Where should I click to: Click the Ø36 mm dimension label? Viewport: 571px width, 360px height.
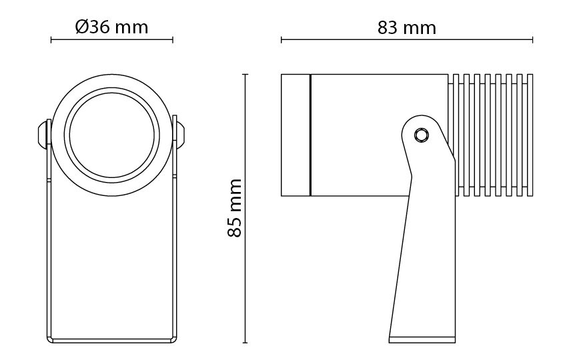(112, 27)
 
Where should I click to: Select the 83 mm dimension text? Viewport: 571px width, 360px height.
(407, 27)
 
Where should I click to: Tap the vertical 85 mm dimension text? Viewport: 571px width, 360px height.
(235, 208)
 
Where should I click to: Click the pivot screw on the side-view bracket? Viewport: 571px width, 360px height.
(422, 135)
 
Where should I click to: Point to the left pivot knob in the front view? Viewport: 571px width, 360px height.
(44, 134)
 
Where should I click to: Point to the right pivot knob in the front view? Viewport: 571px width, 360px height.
(180, 134)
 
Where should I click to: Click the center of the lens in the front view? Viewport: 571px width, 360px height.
(112, 135)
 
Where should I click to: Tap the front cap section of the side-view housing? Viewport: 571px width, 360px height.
(296, 135)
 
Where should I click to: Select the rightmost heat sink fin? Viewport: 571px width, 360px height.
(530, 135)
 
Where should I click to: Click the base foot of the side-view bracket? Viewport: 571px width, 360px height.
(422, 339)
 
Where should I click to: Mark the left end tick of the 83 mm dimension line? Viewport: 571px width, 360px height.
(281, 39)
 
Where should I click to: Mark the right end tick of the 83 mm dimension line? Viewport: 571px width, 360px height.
(532, 39)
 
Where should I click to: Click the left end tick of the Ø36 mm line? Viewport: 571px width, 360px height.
(51, 39)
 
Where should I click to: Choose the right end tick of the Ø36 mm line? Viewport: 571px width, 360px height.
(173, 39)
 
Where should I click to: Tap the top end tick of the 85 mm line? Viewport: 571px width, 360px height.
(245, 74)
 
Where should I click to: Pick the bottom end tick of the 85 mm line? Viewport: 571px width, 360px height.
(245, 343)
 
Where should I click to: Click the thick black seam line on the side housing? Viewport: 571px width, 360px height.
(310, 135)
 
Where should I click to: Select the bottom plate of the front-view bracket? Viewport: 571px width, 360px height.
(112, 341)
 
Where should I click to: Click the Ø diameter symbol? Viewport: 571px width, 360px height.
(82, 27)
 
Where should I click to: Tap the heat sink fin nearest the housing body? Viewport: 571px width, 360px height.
(455, 135)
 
